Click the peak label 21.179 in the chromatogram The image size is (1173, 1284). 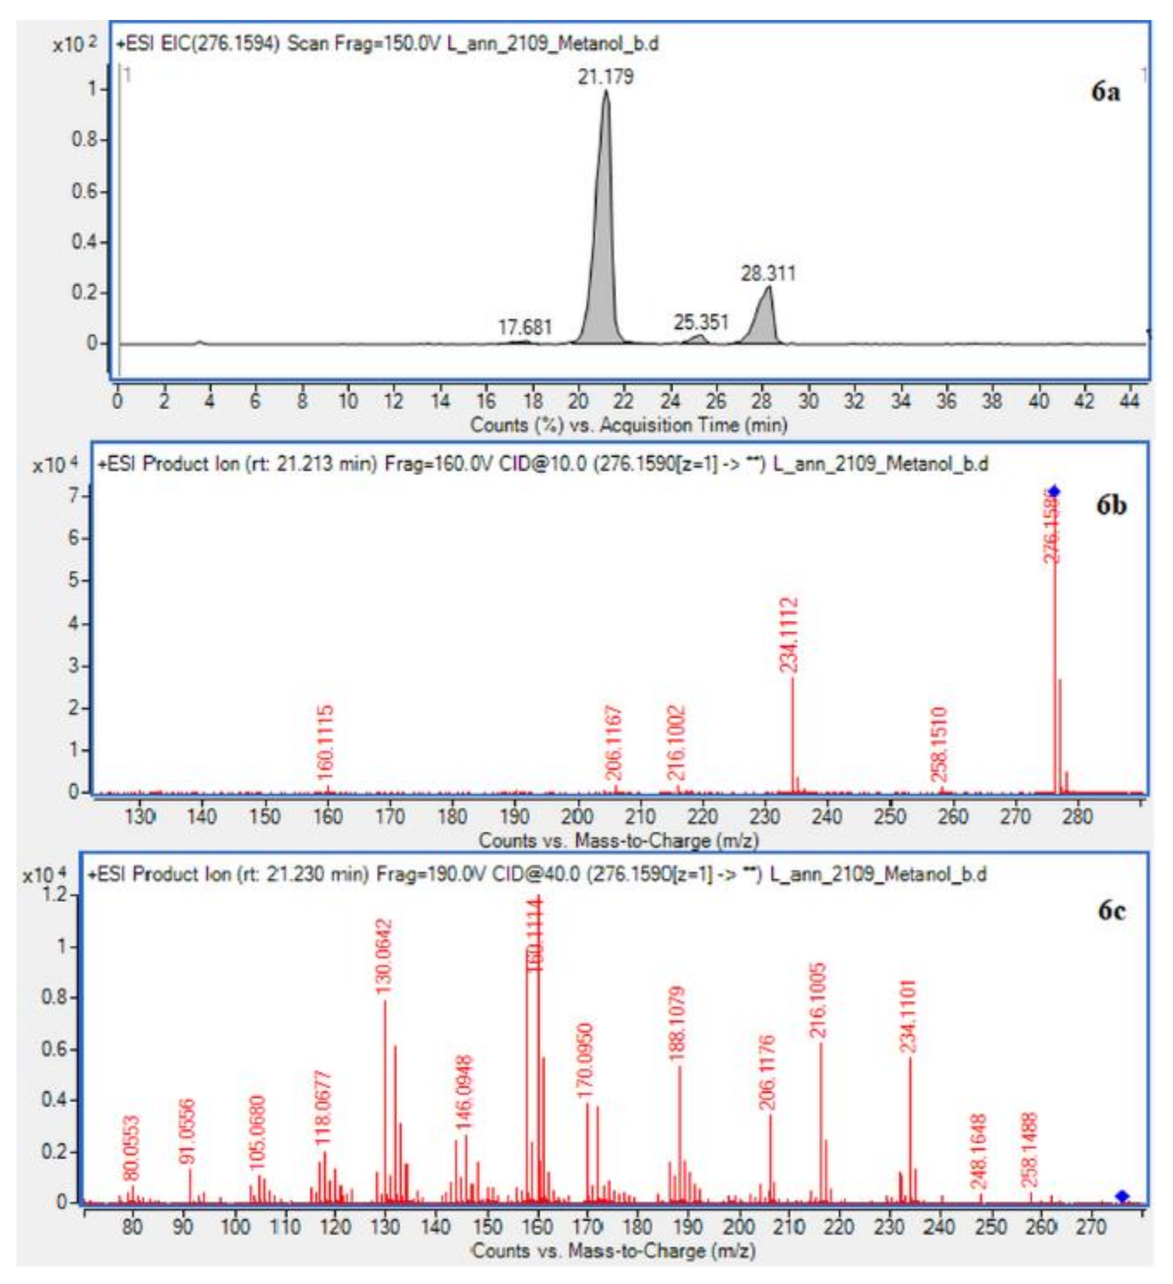(x=605, y=77)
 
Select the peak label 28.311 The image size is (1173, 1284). (x=768, y=274)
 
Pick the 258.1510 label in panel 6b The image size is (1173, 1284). (x=940, y=744)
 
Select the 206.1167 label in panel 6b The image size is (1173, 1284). (x=614, y=743)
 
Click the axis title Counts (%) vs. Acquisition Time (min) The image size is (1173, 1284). (x=628, y=425)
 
